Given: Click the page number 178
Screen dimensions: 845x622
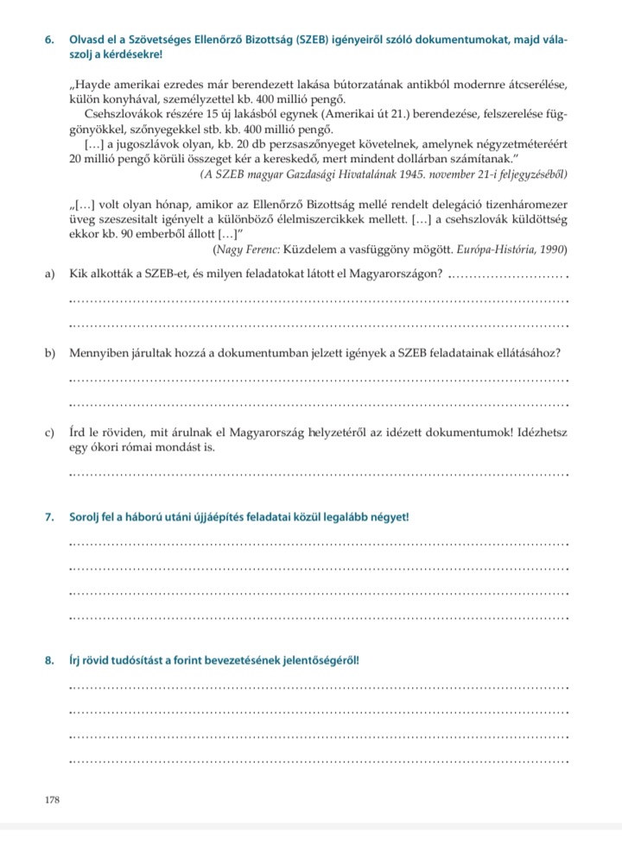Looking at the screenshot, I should pos(53,800).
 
